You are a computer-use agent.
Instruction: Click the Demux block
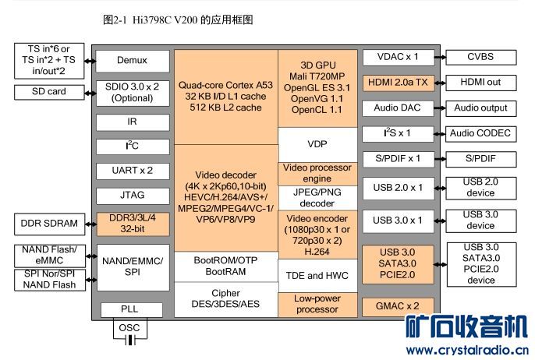(x=133, y=61)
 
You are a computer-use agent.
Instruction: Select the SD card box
(x=49, y=92)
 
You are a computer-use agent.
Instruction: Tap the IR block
(x=133, y=122)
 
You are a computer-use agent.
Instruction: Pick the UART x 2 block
(x=133, y=171)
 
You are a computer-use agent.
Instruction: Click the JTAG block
(x=133, y=196)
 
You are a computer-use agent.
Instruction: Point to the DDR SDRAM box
(x=49, y=224)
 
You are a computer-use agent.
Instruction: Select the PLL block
(x=131, y=309)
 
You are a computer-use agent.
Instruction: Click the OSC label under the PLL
(x=129, y=328)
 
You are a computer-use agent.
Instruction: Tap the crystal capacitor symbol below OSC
(x=130, y=340)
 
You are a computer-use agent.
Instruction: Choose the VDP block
(x=317, y=145)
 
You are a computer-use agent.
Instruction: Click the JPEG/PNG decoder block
(x=317, y=198)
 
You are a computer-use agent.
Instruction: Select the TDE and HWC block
(x=317, y=276)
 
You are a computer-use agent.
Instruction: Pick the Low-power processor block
(x=317, y=305)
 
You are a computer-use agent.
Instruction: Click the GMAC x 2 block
(x=398, y=306)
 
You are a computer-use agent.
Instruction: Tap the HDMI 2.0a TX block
(x=399, y=83)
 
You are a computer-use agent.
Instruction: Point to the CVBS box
(x=480, y=58)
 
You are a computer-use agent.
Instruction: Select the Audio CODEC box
(x=480, y=134)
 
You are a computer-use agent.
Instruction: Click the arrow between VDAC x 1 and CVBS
(x=440, y=58)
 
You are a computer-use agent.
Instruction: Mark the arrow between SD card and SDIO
(x=90, y=93)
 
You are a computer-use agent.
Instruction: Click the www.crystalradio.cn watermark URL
(x=467, y=350)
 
